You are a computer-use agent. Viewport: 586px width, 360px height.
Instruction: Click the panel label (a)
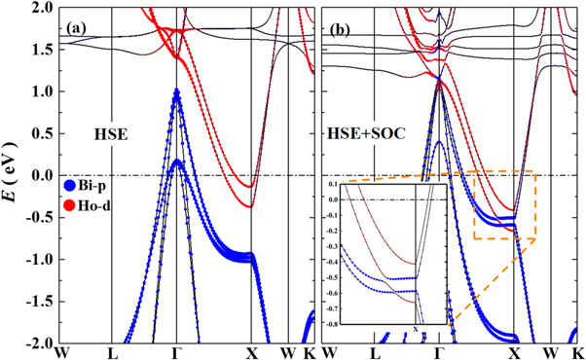(78, 28)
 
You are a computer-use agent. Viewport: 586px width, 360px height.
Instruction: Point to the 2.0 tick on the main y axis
(45, 8)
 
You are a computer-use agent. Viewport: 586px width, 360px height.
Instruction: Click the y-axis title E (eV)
(14, 176)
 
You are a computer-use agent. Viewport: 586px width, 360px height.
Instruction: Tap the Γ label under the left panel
(176, 351)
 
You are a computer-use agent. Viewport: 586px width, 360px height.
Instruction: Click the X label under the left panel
(250, 351)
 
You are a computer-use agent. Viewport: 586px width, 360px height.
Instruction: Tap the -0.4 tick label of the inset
(332, 261)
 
